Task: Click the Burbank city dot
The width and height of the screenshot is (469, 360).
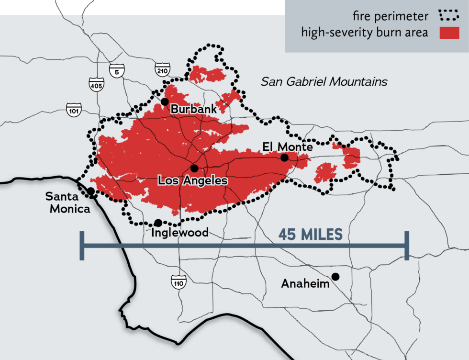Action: tap(165, 101)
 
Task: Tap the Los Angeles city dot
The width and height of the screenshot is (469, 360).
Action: tap(194, 169)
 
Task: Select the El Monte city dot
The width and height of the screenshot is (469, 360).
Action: tap(284, 157)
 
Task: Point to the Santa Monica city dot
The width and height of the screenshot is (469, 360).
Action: tap(90, 191)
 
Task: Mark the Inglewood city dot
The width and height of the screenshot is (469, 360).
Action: tap(158, 223)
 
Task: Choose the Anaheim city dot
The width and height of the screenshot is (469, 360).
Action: tap(335, 276)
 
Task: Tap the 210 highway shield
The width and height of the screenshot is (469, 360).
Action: tap(161, 70)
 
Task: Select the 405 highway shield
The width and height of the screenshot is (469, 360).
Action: tap(96, 85)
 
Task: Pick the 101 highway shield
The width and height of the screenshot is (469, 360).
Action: tap(74, 108)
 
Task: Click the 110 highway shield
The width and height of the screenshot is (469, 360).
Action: tap(179, 282)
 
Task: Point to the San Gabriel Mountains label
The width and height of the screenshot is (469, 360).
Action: tap(324, 82)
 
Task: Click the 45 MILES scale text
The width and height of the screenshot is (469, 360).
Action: tap(311, 235)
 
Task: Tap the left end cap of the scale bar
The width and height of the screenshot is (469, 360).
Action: tap(82, 246)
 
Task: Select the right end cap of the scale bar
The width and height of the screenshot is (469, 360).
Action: tap(407, 246)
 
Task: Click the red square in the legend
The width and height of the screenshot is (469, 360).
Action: tap(449, 33)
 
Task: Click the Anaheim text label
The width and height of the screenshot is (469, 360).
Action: tap(305, 283)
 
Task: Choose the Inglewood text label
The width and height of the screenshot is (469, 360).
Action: tap(179, 233)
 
